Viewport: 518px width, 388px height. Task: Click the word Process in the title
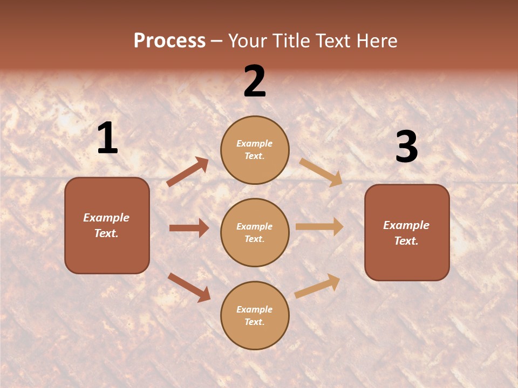[x=169, y=41]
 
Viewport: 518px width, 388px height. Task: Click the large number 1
[x=107, y=138]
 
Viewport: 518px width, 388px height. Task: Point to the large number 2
[x=255, y=81]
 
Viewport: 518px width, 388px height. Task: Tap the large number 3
[x=407, y=147]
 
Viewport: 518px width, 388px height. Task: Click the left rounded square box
[x=107, y=225]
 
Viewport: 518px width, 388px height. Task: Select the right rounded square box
[x=407, y=233]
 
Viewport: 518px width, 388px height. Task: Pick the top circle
[x=255, y=150]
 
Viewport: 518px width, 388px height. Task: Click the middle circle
[x=255, y=233]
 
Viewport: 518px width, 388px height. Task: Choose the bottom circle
[x=255, y=316]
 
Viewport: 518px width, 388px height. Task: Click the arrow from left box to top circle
[x=188, y=172]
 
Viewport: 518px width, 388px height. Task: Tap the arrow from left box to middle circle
[x=189, y=228]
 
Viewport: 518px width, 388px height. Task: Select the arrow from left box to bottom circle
[x=189, y=287]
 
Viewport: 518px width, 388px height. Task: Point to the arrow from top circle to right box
[x=321, y=172]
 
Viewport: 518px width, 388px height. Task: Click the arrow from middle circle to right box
[x=319, y=226]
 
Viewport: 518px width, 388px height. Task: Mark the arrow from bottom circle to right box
[x=318, y=286]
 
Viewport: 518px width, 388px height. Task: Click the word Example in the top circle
[x=255, y=144]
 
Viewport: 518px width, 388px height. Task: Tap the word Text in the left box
[x=106, y=233]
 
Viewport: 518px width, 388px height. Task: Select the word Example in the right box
[x=406, y=225]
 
